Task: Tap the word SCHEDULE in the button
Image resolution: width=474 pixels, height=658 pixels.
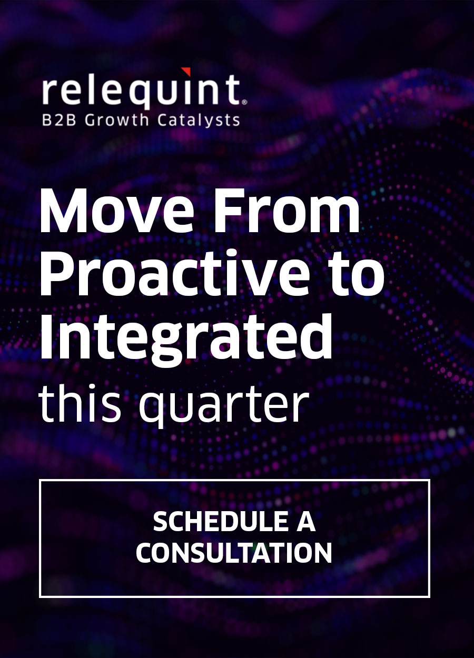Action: pos(213,522)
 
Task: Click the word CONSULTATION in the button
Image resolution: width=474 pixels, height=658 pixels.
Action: pos(234,553)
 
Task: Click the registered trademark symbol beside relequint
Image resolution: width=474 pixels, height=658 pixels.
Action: pos(243,100)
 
